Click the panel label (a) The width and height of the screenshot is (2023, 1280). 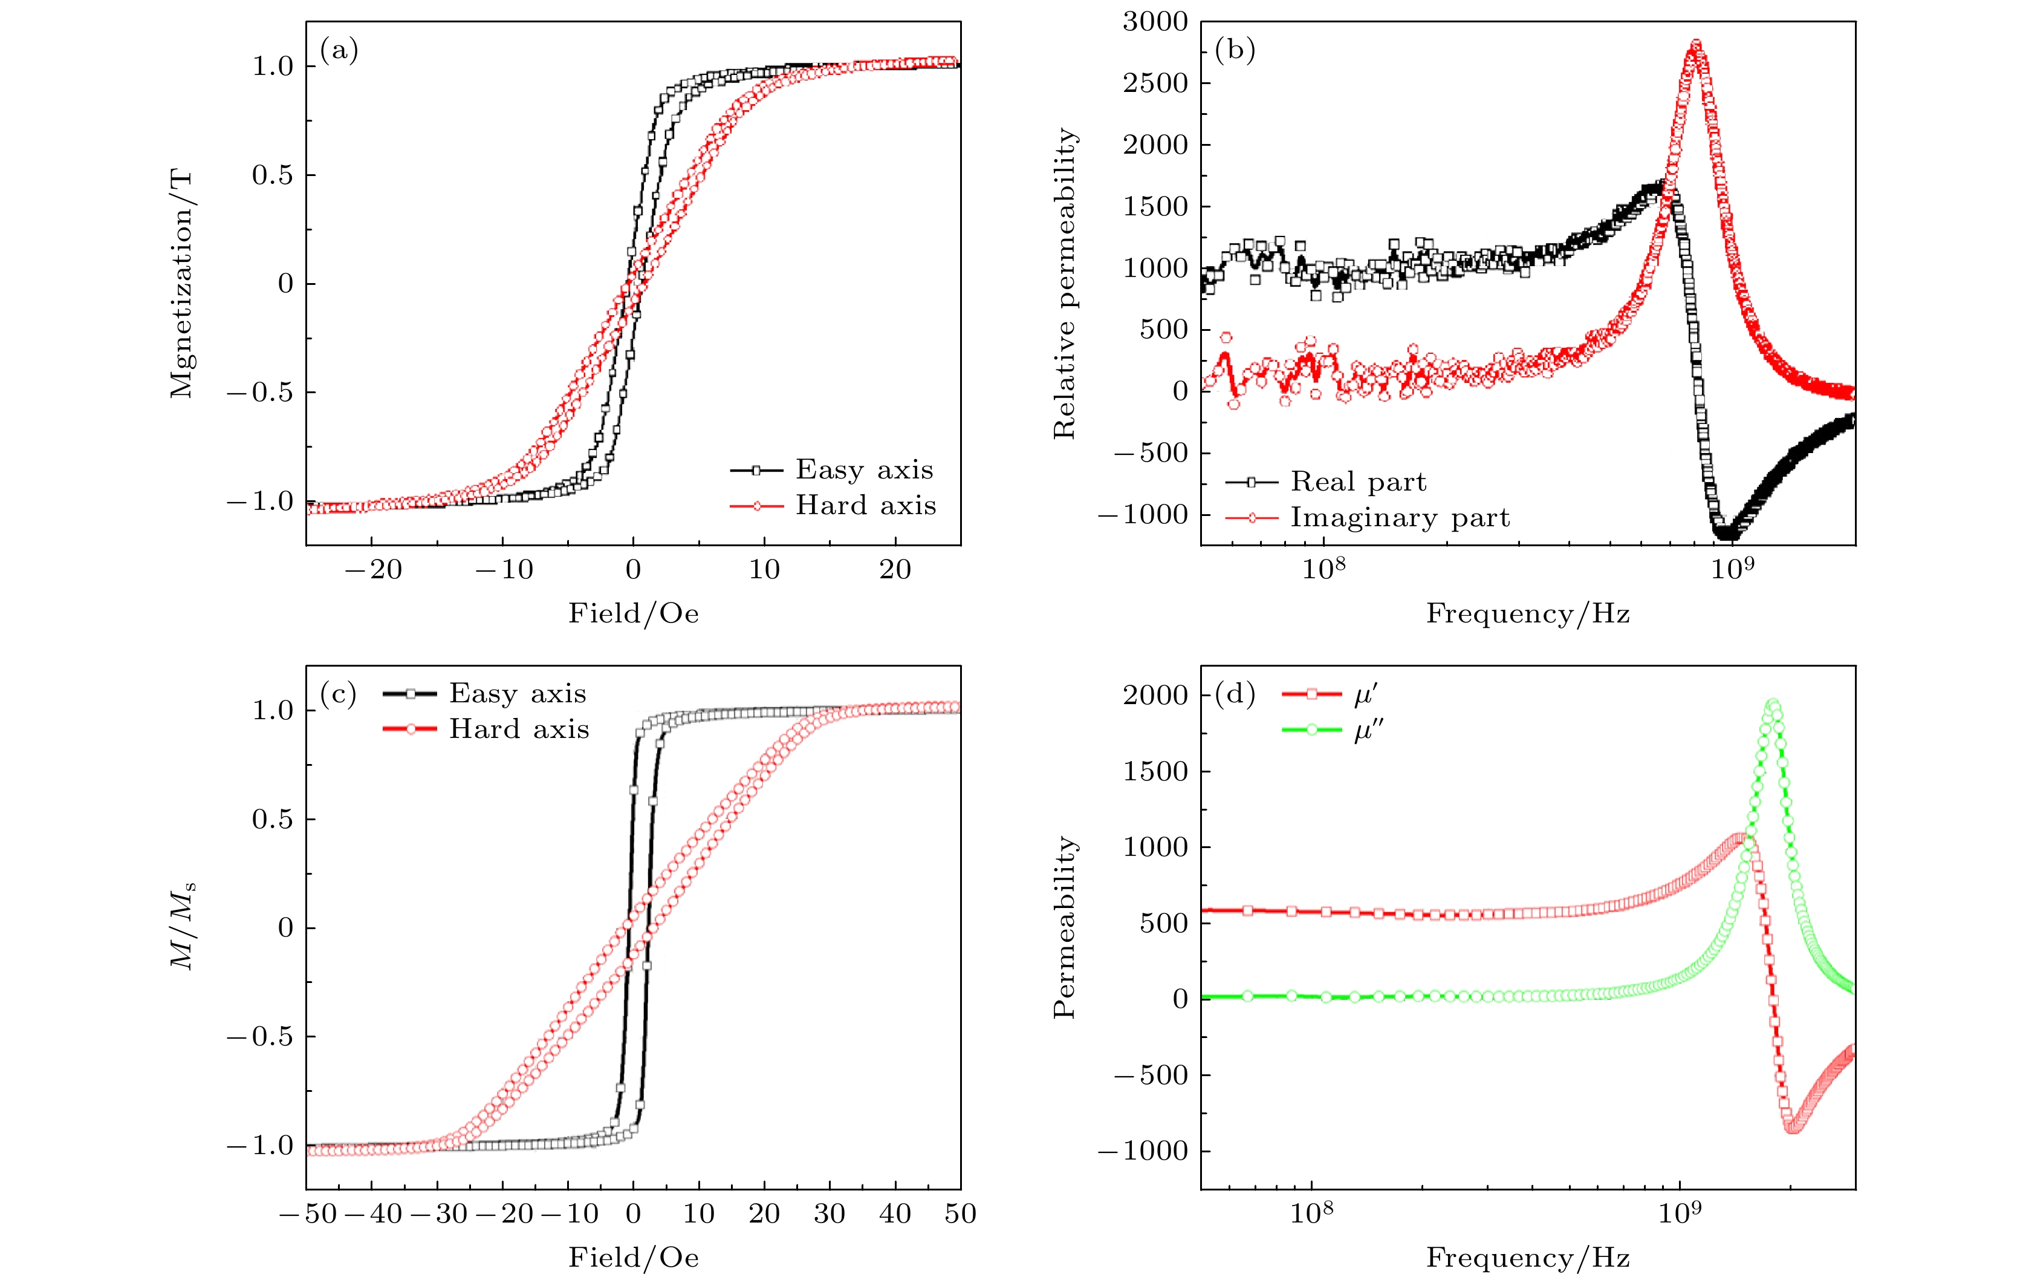pyautogui.click(x=339, y=51)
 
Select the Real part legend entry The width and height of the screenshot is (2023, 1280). pyautogui.click(x=1357, y=482)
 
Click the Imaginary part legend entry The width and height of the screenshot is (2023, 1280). pyautogui.click(x=1399, y=518)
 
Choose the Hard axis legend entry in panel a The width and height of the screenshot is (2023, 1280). pyautogui.click(x=865, y=505)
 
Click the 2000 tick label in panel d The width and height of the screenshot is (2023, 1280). pyautogui.click(x=1155, y=695)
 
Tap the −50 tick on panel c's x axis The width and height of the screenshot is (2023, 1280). pyautogui.click(x=308, y=1213)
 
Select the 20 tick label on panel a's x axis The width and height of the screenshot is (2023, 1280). pyautogui.click(x=895, y=570)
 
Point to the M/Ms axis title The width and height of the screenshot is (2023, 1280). pyautogui.click(x=183, y=926)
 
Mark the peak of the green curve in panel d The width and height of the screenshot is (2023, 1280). pyautogui.click(x=1773, y=703)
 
